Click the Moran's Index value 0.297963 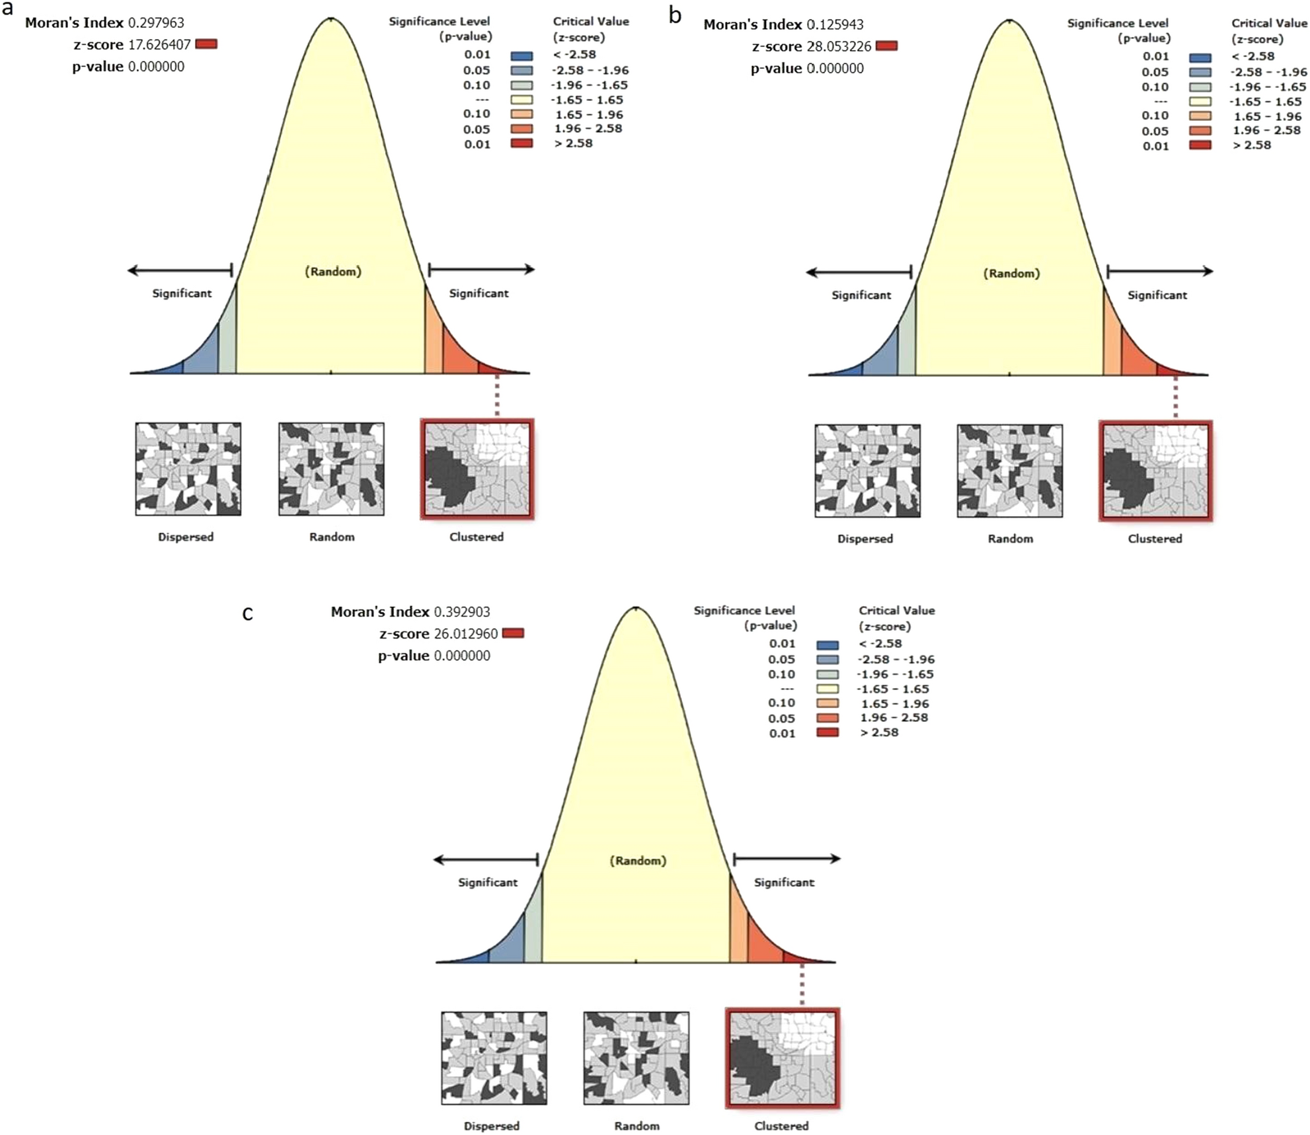coord(156,23)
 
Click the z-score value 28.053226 coord(839,46)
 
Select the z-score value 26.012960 coord(466,634)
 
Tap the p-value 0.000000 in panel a coord(156,67)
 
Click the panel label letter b coord(675,15)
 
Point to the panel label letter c coord(248,614)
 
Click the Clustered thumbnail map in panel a coord(477,469)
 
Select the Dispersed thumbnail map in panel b coord(867,471)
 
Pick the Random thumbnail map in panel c coord(636,1058)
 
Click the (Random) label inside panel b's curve coord(1011,274)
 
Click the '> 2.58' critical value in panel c coord(879,732)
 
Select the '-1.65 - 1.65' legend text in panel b coord(1265,102)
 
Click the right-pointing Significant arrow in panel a coord(481,270)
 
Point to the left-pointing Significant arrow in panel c coord(486,859)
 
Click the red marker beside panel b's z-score coord(886,46)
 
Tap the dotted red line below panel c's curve coord(802,985)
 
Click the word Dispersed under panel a coord(186,537)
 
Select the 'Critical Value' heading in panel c coord(896,611)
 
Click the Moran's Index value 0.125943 coord(835,25)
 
